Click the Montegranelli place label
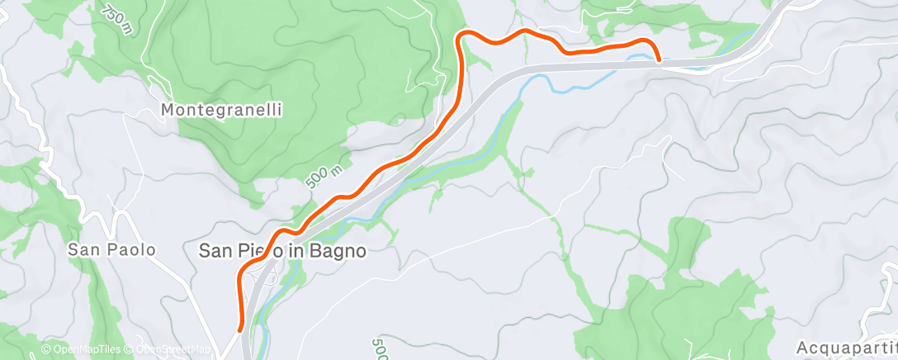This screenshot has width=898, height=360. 222,109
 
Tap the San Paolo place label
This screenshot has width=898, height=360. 111,249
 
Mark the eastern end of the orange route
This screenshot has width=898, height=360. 659,59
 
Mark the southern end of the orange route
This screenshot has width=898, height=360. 240,329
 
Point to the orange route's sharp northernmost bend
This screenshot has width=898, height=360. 463,34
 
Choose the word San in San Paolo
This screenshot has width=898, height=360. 84,249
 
